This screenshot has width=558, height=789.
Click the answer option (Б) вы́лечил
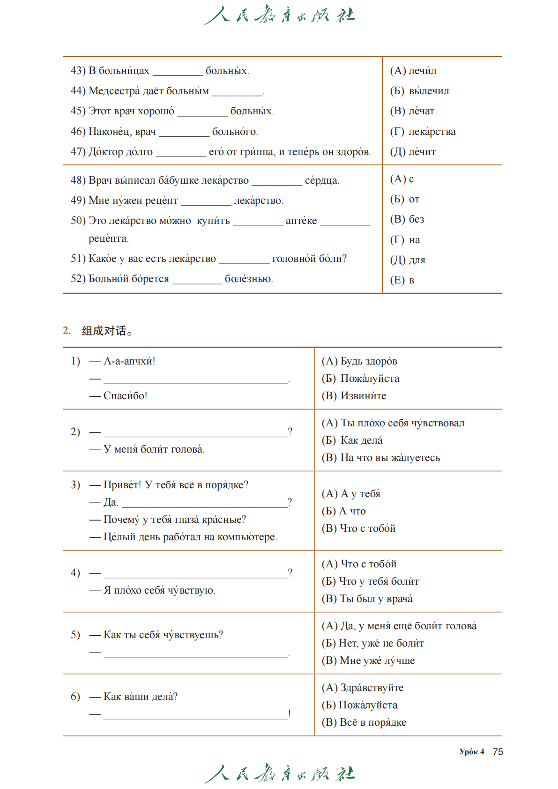pyautogui.click(x=419, y=91)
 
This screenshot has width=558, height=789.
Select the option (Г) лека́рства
pyautogui.click(x=423, y=132)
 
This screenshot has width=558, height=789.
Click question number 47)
pyautogui.click(x=78, y=152)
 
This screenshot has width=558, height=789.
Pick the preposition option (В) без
pyautogui.click(x=407, y=219)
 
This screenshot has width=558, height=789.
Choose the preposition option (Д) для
pyautogui.click(x=408, y=260)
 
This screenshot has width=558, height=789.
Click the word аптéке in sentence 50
pyautogui.click(x=301, y=221)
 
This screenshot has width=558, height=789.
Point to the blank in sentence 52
pyautogui.click(x=197, y=280)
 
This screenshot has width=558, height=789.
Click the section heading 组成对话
pyautogui.click(x=104, y=331)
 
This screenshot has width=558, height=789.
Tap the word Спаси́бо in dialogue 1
pyautogui.click(x=125, y=396)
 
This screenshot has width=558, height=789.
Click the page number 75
pyautogui.click(x=498, y=752)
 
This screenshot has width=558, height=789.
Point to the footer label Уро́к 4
pyautogui.click(x=471, y=752)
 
